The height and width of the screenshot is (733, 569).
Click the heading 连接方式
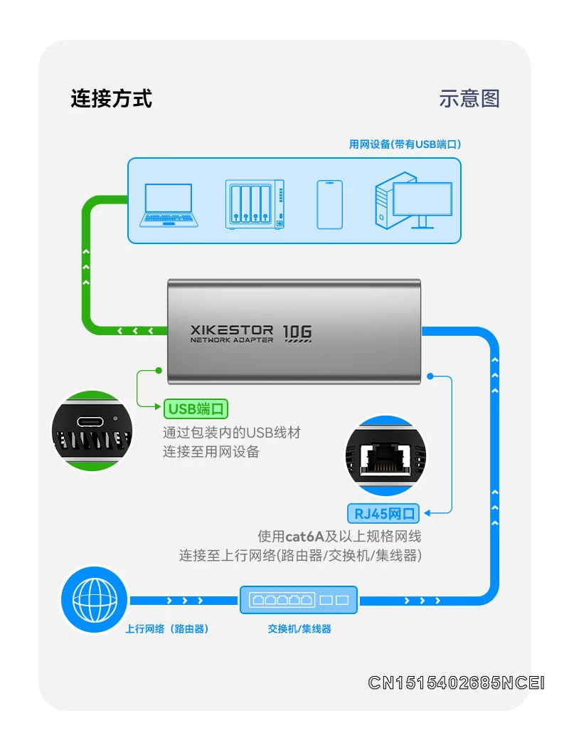click(111, 98)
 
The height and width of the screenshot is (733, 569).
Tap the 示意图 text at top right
click(469, 98)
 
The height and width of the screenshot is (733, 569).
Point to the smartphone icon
click(329, 204)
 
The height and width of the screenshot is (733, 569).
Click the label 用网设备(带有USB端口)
click(405, 144)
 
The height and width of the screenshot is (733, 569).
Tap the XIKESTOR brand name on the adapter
click(232, 329)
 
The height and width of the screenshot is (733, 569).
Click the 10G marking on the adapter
click(297, 332)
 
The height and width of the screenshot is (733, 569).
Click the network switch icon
click(299, 600)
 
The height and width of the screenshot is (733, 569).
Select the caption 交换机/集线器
click(299, 629)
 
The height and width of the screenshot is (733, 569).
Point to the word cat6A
click(305, 536)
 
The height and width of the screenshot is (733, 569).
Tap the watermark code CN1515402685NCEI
click(456, 683)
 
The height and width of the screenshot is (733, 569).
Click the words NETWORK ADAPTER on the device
click(232, 340)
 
